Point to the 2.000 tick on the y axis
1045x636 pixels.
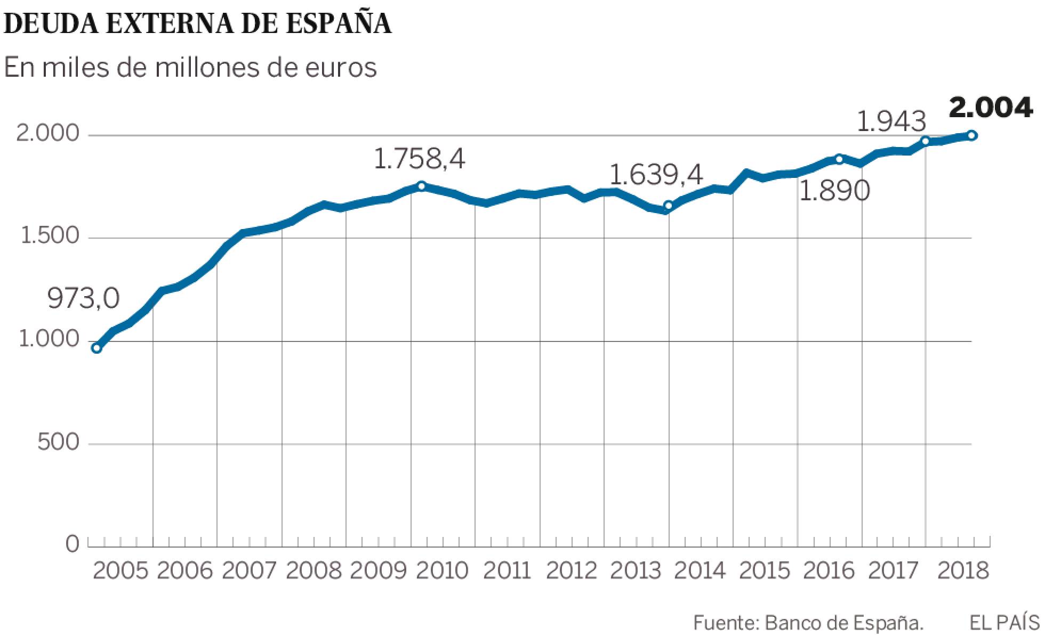[47, 134]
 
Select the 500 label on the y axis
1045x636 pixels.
[58, 443]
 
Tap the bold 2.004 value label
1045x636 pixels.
[991, 108]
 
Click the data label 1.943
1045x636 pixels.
[891, 123]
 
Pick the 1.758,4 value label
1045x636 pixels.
[420, 159]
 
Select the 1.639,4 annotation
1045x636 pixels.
[656, 175]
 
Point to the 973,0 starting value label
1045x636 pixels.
[84, 299]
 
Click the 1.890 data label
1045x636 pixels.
[834, 192]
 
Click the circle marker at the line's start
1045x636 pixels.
[97, 348]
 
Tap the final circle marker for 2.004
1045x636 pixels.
[972, 135]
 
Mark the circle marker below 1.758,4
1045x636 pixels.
[421, 185]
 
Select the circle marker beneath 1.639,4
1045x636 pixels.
[668, 206]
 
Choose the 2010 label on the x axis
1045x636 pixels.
[442, 571]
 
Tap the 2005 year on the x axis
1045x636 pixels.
[120, 571]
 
